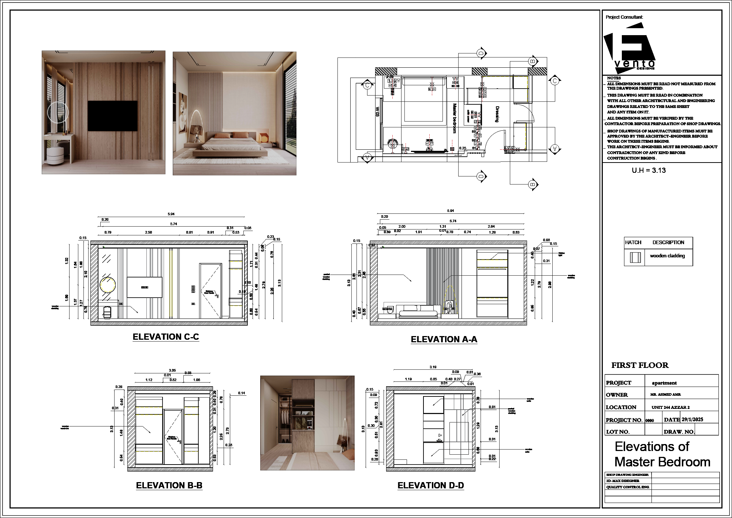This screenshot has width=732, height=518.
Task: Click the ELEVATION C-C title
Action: coord(166,337)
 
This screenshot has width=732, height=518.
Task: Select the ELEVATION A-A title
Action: coord(444,339)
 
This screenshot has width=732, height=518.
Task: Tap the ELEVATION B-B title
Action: coord(169,485)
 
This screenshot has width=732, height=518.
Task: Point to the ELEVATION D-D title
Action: coord(431,485)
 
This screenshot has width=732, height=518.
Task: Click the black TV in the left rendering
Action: coord(112,116)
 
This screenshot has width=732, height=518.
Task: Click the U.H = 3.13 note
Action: coord(649,170)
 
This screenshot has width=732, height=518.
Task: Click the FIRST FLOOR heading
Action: coord(640,365)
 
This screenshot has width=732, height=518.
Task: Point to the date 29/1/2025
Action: coord(692,420)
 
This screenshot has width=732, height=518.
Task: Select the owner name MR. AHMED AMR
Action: coord(665,395)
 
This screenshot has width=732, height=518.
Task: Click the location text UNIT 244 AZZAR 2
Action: coord(671,407)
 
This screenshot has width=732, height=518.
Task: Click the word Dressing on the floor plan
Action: coord(497,114)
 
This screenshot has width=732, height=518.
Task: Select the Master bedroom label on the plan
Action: coord(455,118)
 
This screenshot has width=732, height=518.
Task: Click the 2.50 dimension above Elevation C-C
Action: coord(148,232)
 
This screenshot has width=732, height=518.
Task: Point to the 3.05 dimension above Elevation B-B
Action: coord(172,370)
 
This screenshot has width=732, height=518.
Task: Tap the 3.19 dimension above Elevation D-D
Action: coord(433,367)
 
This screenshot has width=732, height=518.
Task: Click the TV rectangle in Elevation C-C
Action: coord(145,287)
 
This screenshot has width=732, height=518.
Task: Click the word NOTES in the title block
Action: coord(614,78)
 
